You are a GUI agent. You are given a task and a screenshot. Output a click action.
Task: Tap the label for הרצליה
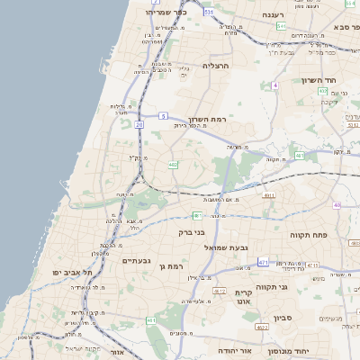point(217,66)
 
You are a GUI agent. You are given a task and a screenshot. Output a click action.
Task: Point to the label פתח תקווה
point(308,235)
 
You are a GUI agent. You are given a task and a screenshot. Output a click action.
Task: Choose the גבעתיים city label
point(136,259)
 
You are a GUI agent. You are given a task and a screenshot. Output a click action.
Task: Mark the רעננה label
point(273,15)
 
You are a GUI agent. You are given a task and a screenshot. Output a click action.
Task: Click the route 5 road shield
point(163,116)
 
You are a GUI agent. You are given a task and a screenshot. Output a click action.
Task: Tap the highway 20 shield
point(139,125)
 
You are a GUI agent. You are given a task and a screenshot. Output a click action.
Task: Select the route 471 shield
point(263,262)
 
